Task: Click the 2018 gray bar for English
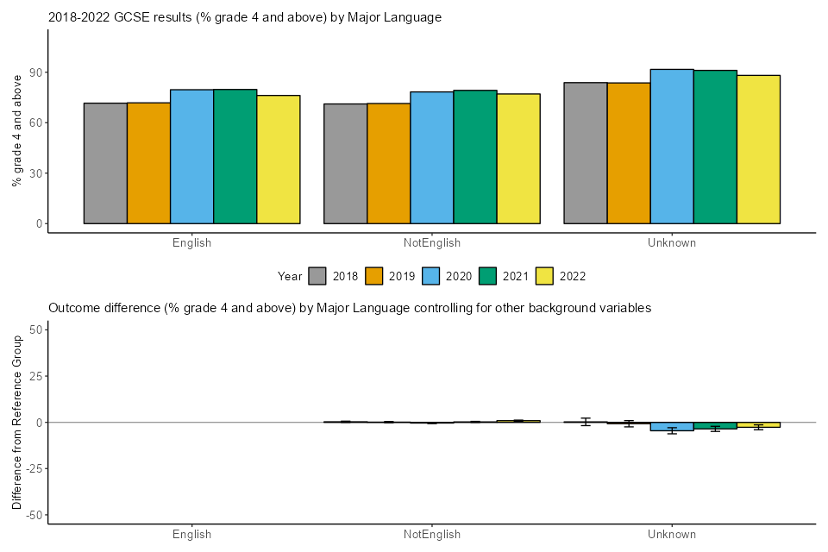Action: click(105, 163)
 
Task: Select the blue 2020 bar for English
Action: click(191, 156)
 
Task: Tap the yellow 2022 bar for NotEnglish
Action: click(517, 159)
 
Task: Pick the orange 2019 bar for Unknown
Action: click(629, 153)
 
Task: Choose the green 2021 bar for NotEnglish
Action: click(474, 157)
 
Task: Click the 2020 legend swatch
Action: click(431, 276)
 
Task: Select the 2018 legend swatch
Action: click(317, 276)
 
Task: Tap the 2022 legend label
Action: click(573, 277)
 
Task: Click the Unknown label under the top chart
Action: click(671, 243)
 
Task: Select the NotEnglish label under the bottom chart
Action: click(431, 535)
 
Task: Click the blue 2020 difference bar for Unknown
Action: click(672, 427)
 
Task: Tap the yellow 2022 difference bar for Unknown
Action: click(758, 425)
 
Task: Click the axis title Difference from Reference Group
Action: click(16, 423)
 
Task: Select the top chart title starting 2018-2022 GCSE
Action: click(245, 17)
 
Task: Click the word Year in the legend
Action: click(290, 277)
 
